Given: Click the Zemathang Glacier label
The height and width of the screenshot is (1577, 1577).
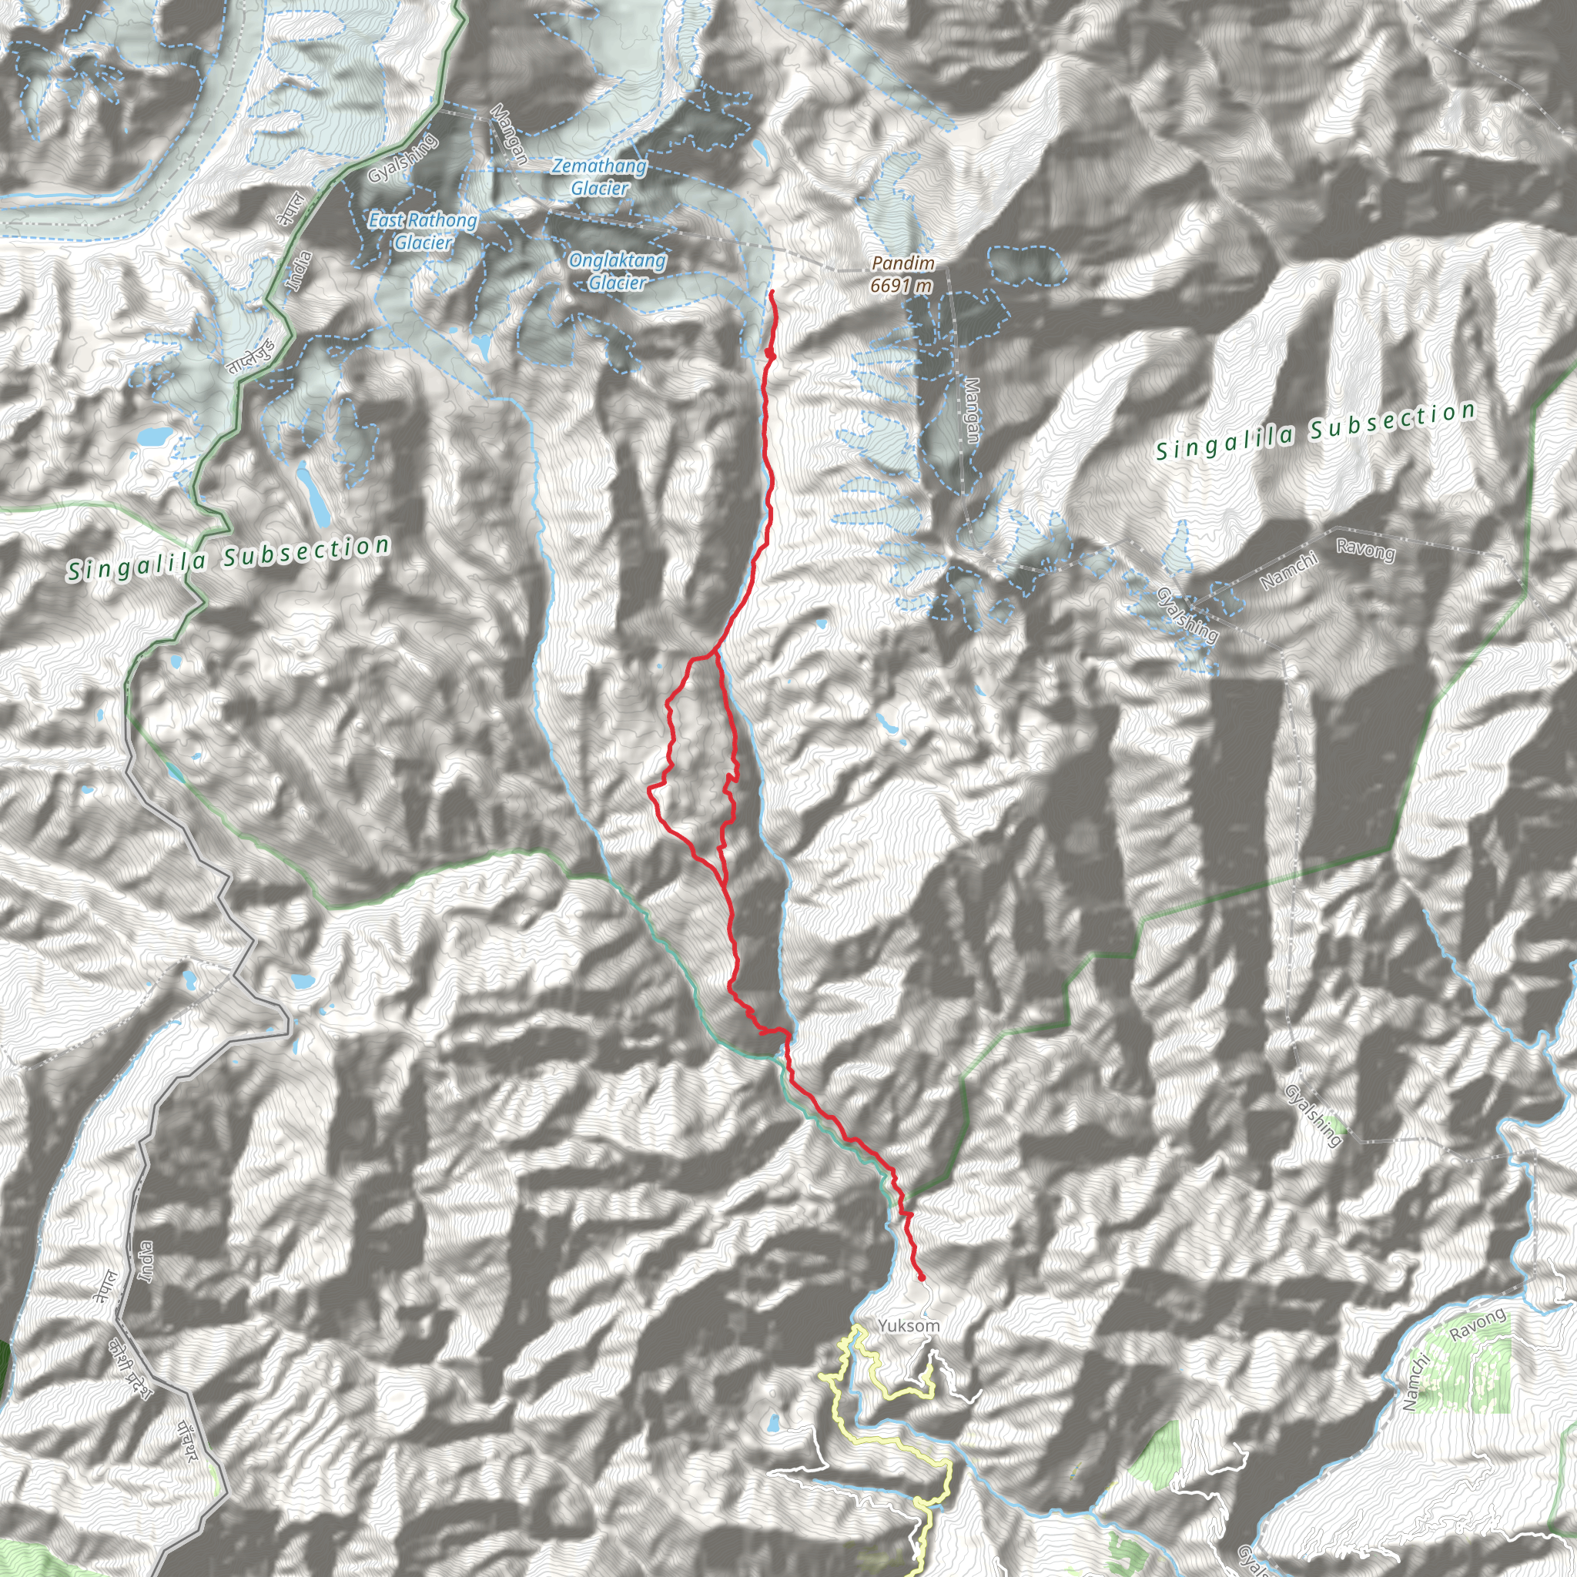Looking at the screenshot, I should coord(600,177).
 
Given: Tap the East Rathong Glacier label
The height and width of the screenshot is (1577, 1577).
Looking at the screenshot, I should coord(422,231).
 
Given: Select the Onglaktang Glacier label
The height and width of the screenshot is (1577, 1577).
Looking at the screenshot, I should coord(617,272).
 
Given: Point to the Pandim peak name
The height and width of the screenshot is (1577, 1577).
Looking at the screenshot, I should coord(902,263).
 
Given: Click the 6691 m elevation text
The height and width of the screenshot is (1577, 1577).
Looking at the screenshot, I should coord(901,285).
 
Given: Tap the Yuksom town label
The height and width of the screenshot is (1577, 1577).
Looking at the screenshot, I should coord(909,1327).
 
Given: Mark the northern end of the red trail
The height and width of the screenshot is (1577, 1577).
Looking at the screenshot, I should coord(772,291).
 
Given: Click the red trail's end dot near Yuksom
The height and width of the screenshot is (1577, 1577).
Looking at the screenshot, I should coord(922,1278).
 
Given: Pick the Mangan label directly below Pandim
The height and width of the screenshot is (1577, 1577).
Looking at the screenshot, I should coord(971,410).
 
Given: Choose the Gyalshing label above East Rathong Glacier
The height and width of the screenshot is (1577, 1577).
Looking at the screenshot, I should coord(403,158).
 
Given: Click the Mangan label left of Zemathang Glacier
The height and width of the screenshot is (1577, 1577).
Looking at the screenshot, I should coord(507,135).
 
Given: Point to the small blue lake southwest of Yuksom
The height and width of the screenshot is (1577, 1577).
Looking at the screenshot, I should coord(771,1425).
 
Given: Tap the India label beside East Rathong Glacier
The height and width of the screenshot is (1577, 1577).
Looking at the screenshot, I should coord(299,272).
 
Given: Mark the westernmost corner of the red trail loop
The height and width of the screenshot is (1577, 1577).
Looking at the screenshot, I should coord(649,789).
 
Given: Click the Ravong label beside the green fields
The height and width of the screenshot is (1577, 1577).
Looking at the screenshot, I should coord(1478,1324).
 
